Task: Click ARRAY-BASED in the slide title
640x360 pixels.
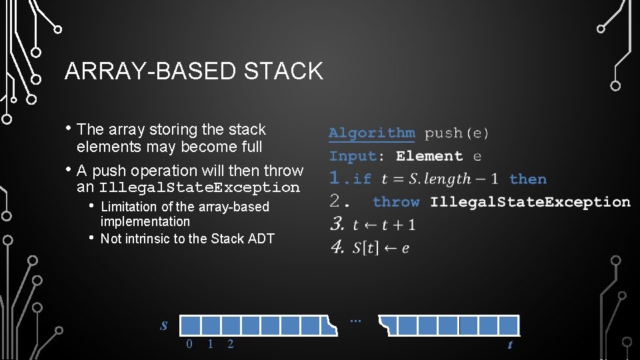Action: pos(151,71)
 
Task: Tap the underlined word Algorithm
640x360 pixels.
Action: pos(371,133)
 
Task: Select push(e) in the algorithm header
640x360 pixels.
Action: pos(457,133)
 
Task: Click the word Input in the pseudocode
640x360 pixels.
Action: pos(353,157)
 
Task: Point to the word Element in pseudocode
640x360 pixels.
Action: pos(429,157)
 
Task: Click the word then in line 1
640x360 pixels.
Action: pos(527,179)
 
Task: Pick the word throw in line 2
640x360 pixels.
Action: pos(396,202)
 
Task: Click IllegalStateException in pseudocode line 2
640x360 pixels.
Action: pos(530,202)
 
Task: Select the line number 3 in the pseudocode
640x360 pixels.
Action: pos(337,224)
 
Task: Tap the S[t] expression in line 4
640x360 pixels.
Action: pos(365,247)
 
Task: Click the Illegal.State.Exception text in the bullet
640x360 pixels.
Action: pos(199,188)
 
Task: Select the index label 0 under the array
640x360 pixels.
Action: pos(189,344)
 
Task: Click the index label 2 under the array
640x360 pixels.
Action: pos(231,344)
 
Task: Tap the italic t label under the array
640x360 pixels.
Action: pos(510,345)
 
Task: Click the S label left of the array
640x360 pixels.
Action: pos(164,326)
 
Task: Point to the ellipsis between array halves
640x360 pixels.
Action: pos(355,321)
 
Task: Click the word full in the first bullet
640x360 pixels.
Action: pos(251,147)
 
